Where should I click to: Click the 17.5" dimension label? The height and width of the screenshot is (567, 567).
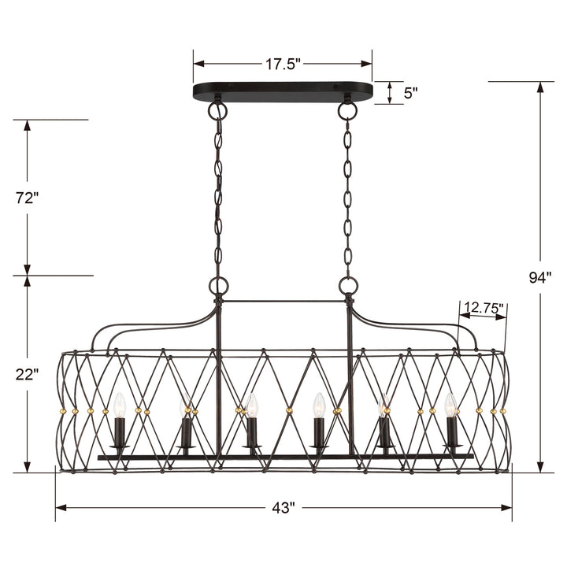click(x=283, y=64)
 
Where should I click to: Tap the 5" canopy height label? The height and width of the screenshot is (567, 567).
click(x=410, y=93)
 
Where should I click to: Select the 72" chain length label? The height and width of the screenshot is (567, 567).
click(x=26, y=198)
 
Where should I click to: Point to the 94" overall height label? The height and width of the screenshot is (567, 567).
click(x=540, y=276)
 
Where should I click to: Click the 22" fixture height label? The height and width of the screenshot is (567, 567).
click(x=26, y=375)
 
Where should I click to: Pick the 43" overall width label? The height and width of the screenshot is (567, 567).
click(x=283, y=508)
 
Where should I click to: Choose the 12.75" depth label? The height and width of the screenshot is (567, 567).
click(x=484, y=308)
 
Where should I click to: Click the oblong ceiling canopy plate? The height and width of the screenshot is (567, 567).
click(x=283, y=91)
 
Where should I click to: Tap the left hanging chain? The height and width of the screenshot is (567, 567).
click(x=217, y=197)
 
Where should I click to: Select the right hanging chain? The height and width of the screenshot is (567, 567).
click(x=346, y=197)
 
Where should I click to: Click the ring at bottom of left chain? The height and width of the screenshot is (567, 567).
click(x=217, y=285)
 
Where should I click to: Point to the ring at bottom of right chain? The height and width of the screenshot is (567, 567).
click(x=347, y=285)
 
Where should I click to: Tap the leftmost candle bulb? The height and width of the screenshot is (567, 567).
click(x=120, y=406)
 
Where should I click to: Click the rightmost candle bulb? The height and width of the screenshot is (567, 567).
click(x=450, y=406)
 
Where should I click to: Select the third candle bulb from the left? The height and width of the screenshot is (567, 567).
click(x=252, y=406)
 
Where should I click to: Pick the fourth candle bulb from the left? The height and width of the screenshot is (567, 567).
click(x=319, y=406)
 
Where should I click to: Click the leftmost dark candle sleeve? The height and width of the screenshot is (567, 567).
click(x=120, y=432)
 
